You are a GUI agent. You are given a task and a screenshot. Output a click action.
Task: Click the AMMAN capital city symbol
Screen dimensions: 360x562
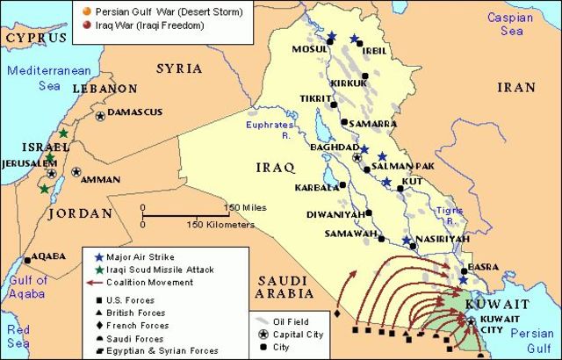76,172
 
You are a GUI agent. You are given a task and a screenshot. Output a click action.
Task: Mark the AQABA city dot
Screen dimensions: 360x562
26,258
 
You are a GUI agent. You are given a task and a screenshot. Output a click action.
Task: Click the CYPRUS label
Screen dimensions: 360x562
35,40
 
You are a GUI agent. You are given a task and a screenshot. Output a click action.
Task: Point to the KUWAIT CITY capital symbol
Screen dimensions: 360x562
472,321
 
